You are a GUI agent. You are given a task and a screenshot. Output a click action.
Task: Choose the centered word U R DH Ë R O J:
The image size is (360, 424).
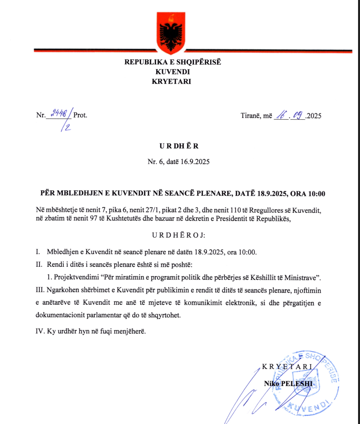tap(179, 236)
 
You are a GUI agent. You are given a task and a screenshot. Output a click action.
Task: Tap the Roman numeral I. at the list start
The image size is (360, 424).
tap(37, 252)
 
